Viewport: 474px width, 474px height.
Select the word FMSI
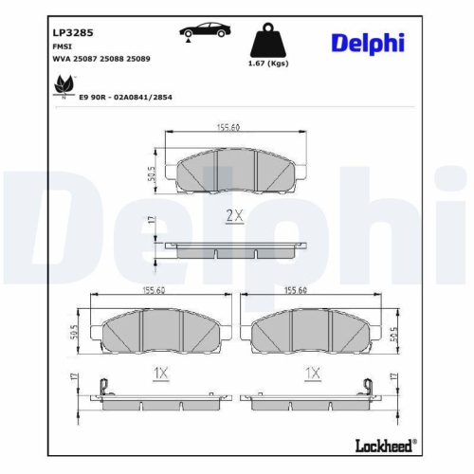tap(62, 44)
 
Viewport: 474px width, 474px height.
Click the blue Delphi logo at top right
tap(368, 43)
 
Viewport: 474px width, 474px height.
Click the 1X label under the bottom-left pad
tap(160, 374)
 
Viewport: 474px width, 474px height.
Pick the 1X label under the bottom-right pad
tap(312, 374)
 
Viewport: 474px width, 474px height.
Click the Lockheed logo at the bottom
tap(389, 446)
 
